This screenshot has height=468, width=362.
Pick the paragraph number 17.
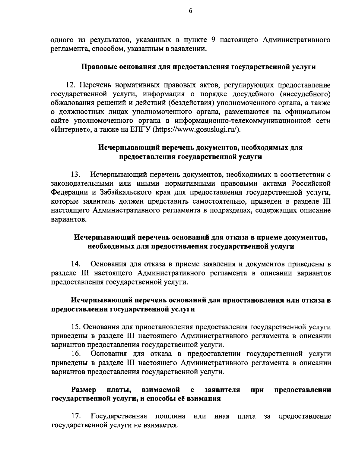(x=76, y=416)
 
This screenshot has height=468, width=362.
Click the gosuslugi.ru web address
(x=198, y=130)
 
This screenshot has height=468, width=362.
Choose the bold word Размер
(x=84, y=390)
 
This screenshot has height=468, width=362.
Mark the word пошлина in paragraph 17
(x=170, y=416)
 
